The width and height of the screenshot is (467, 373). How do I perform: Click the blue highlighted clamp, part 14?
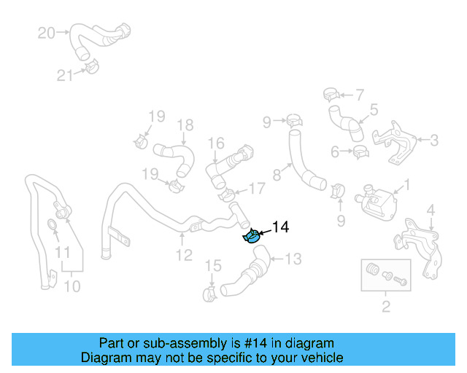pyautogui.click(x=251, y=236)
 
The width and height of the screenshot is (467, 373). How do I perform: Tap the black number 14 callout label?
pyautogui.click(x=280, y=228)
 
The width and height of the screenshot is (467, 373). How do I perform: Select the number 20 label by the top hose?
pyautogui.click(x=45, y=33)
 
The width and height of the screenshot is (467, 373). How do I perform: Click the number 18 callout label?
pyautogui.click(x=185, y=125)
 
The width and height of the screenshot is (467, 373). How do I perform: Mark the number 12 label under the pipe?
pyautogui.click(x=184, y=255)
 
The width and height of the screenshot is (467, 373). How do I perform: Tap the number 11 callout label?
pyautogui.click(x=63, y=252)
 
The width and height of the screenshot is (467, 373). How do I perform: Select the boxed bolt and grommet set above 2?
pyautogui.click(x=385, y=275)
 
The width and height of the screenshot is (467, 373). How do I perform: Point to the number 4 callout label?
pyautogui.click(x=431, y=211)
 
